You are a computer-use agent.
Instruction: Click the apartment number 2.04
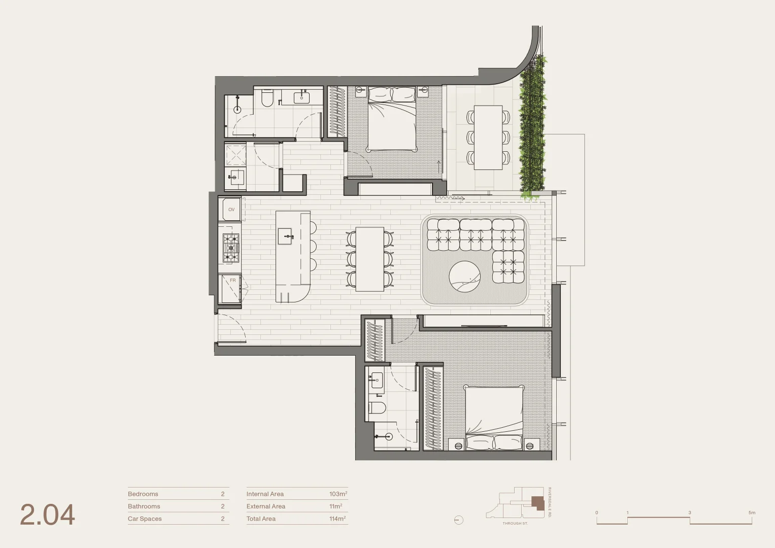(47, 515)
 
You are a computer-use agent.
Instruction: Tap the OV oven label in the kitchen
(231, 210)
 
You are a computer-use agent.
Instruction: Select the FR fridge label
(232, 280)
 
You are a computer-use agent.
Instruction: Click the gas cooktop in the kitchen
(231, 248)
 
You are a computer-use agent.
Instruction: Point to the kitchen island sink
(285, 236)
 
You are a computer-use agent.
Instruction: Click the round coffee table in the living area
(464, 277)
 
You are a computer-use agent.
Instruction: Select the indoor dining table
(369, 259)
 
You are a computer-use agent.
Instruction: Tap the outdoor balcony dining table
(488, 137)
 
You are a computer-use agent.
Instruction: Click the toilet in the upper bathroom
(267, 98)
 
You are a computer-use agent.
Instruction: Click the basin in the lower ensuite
(377, 380)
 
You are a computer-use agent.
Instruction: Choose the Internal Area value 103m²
(338, 494)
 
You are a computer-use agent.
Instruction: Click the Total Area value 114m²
(338, 519)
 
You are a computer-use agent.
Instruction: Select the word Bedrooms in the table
(143, 494)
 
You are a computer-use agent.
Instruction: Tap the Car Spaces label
(145, 519)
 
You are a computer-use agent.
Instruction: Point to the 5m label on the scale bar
(752, 512)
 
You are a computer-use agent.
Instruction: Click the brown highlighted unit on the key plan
(537, 503)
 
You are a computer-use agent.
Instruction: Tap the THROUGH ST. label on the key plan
(515, 523)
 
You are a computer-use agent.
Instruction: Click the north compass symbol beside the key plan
(459, 520)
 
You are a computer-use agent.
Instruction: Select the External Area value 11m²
(335, 506)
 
